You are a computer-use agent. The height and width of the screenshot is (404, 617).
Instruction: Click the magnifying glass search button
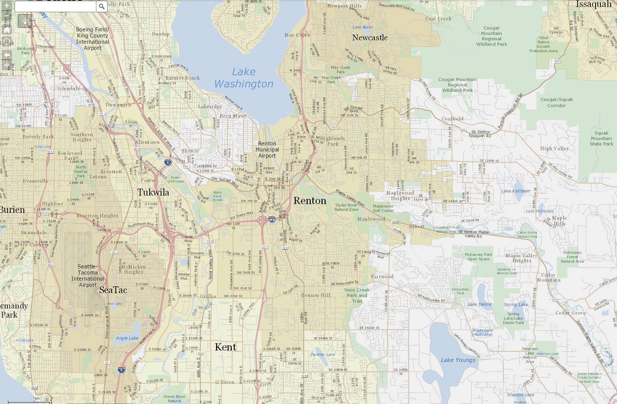coord(102,6)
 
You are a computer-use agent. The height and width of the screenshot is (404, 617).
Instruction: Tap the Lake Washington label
coord(244,78)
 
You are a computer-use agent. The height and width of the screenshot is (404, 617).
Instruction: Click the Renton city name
coord(310,201)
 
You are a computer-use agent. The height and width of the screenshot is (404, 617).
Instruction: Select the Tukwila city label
coord(153,193)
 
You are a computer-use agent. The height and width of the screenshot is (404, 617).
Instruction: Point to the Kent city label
coord(226,347)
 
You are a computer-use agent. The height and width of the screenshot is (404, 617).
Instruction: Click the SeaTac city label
coord(113,290)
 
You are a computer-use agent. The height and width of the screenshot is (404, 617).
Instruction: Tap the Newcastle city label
coord(370,38)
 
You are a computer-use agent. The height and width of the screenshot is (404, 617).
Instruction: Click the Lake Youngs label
coord(458,360)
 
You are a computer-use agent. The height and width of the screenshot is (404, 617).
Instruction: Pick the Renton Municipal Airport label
coord(267,149)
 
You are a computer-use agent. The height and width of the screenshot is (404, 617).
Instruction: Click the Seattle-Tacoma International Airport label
coord(88,276)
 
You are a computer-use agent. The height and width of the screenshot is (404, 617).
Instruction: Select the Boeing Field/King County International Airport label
coord(92,39)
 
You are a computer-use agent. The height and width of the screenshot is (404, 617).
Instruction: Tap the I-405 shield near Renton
coord(272,220)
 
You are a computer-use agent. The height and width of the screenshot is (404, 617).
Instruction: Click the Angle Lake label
coord(127,338)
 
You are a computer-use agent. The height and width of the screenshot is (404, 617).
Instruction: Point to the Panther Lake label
coord(323,355)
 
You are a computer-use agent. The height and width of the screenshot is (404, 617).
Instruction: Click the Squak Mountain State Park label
coord(601,138)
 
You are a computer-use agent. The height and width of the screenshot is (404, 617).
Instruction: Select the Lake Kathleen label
coord(516,191)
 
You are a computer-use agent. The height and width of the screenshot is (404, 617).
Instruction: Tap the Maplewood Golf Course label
coord(383,208)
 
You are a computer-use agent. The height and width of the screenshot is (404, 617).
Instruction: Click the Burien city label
coord(12,210)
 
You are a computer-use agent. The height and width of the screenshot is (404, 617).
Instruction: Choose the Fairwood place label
coord(382,277)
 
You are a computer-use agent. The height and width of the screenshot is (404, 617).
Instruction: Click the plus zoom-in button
coord(6,5)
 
